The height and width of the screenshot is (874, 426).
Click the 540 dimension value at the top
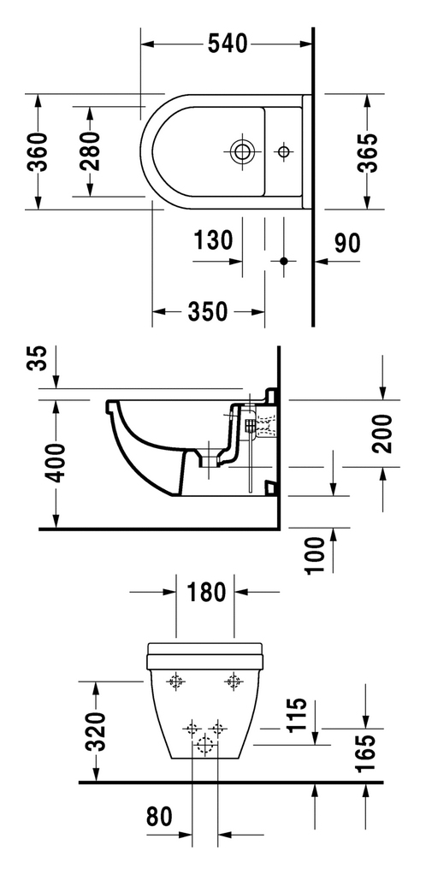click(227, 44)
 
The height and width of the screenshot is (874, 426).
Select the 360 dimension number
click(38, 151)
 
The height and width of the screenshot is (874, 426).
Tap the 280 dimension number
click(89, 151)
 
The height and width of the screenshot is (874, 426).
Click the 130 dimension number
click(213, 240)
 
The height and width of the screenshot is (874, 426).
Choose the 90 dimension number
click(347, 243)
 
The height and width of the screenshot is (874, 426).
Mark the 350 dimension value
click(207, 311)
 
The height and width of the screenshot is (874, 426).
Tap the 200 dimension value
click(383, 434)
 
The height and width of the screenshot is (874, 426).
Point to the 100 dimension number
click(316, 555)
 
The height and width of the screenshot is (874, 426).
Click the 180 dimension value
click(206, 592)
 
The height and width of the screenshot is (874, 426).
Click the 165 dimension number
click(366, 753)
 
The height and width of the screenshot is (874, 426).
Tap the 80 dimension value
click(159, 818)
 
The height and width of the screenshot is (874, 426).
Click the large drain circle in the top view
click(242, 151)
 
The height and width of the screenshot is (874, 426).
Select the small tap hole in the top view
click(284, 151)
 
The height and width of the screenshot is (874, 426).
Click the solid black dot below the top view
click(284, 260)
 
